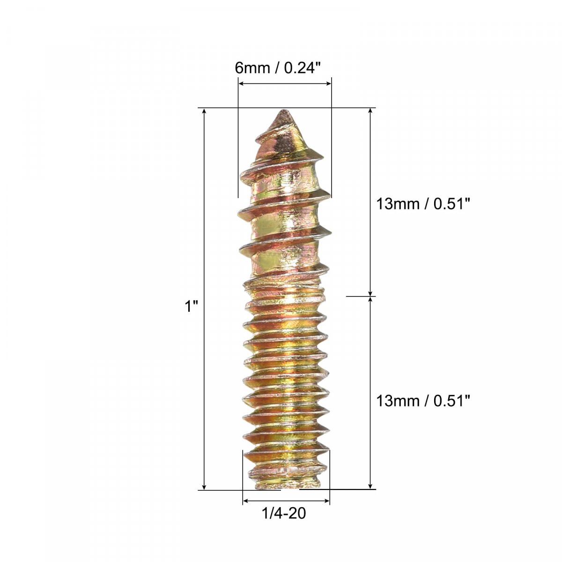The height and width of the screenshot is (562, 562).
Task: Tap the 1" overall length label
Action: point(192,306)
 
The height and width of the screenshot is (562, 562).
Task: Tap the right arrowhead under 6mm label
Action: point(328,84)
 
